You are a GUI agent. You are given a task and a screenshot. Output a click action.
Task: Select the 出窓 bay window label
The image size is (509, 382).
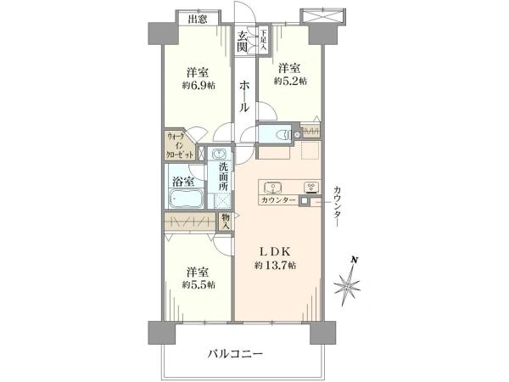coord(198,20)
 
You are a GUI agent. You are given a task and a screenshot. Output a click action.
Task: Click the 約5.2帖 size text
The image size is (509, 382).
coord(289,81)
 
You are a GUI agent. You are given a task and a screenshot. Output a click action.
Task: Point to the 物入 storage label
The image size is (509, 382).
coord(226,221)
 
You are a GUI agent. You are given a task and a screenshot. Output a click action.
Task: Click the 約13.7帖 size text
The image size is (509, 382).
coord(275,266)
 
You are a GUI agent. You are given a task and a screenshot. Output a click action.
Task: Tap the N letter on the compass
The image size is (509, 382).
coord(356,260)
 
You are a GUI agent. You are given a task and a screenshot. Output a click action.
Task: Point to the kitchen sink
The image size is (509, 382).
coord(276,187)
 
